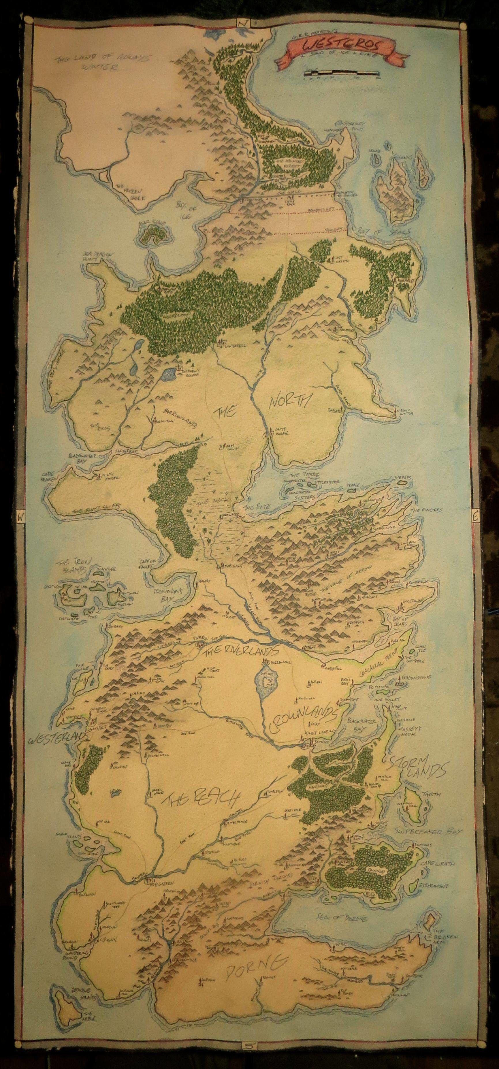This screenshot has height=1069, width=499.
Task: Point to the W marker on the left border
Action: [20, 517]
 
